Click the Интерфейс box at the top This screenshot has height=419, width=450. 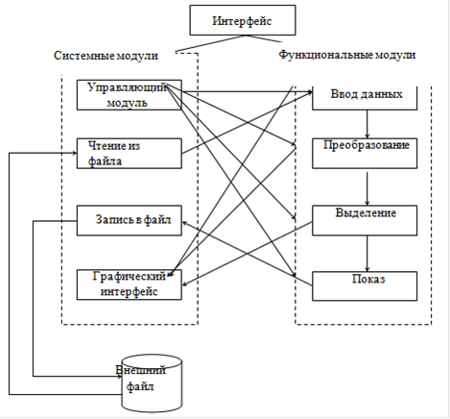(x=243, y=20)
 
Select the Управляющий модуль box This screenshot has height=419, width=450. (x=130, y=95)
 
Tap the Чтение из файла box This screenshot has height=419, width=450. (x=130, y=154)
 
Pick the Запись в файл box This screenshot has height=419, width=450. (x=130, y=221)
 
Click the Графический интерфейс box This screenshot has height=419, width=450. (x=130, y=284)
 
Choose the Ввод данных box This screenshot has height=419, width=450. (x=365, y=98)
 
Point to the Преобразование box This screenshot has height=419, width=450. (x=365, y=154)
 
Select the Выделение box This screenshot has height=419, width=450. (x=365, y=221)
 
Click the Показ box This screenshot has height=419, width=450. (x=365, y=286)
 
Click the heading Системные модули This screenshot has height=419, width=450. (x=106, y=56)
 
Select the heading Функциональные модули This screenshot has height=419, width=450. (x=347, y=55)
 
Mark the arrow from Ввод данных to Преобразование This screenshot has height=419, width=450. (x=367, y=124)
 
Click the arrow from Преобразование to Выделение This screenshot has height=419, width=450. (x=367, y=188)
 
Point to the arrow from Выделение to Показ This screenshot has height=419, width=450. (x=367, y=254)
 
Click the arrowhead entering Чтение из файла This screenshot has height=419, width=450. (x=75, y=153)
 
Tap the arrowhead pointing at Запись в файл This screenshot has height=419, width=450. (x=184, y=222)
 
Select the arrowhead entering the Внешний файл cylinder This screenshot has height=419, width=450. (x=119, y=377)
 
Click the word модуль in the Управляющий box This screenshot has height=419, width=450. (x=127, y=103)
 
